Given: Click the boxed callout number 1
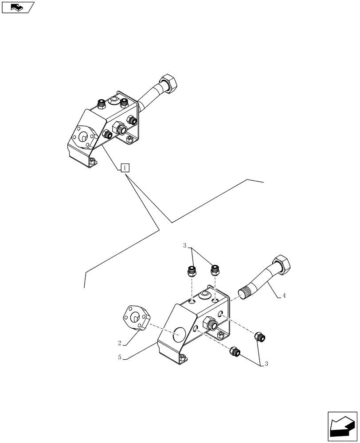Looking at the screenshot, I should click(x=125, y=167).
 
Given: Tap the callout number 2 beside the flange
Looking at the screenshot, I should click(x=120, y=342).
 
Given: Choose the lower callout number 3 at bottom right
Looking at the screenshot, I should click(x=266, y=364).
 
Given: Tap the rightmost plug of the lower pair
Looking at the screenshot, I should click(x=260, y=338).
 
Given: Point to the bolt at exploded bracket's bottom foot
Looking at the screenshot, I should click(x=182, y=358).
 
